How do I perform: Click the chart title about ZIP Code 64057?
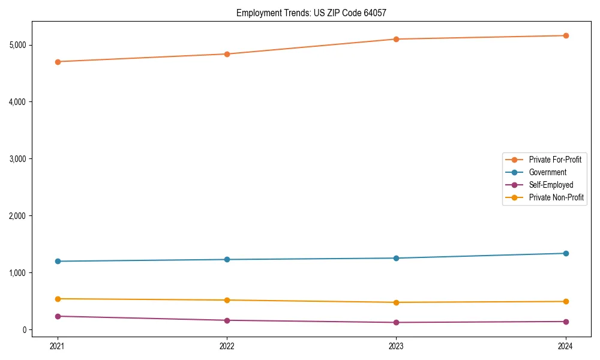click(315, 13)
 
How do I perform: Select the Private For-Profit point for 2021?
click(58, 62)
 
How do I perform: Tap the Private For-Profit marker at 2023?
click(396, 39)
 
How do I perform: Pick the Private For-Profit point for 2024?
click(566, 35)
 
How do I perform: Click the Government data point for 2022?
click(227, 259)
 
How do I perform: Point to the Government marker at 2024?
click(566, 253)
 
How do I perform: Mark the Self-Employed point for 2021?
click(58, 316)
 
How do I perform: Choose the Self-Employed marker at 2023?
click(396, 322)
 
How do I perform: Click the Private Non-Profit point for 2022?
click(227, 300)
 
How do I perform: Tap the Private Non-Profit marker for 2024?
click(566, 301)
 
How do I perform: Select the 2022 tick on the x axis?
click(227, 346)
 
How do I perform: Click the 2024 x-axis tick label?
click(566, 346)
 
